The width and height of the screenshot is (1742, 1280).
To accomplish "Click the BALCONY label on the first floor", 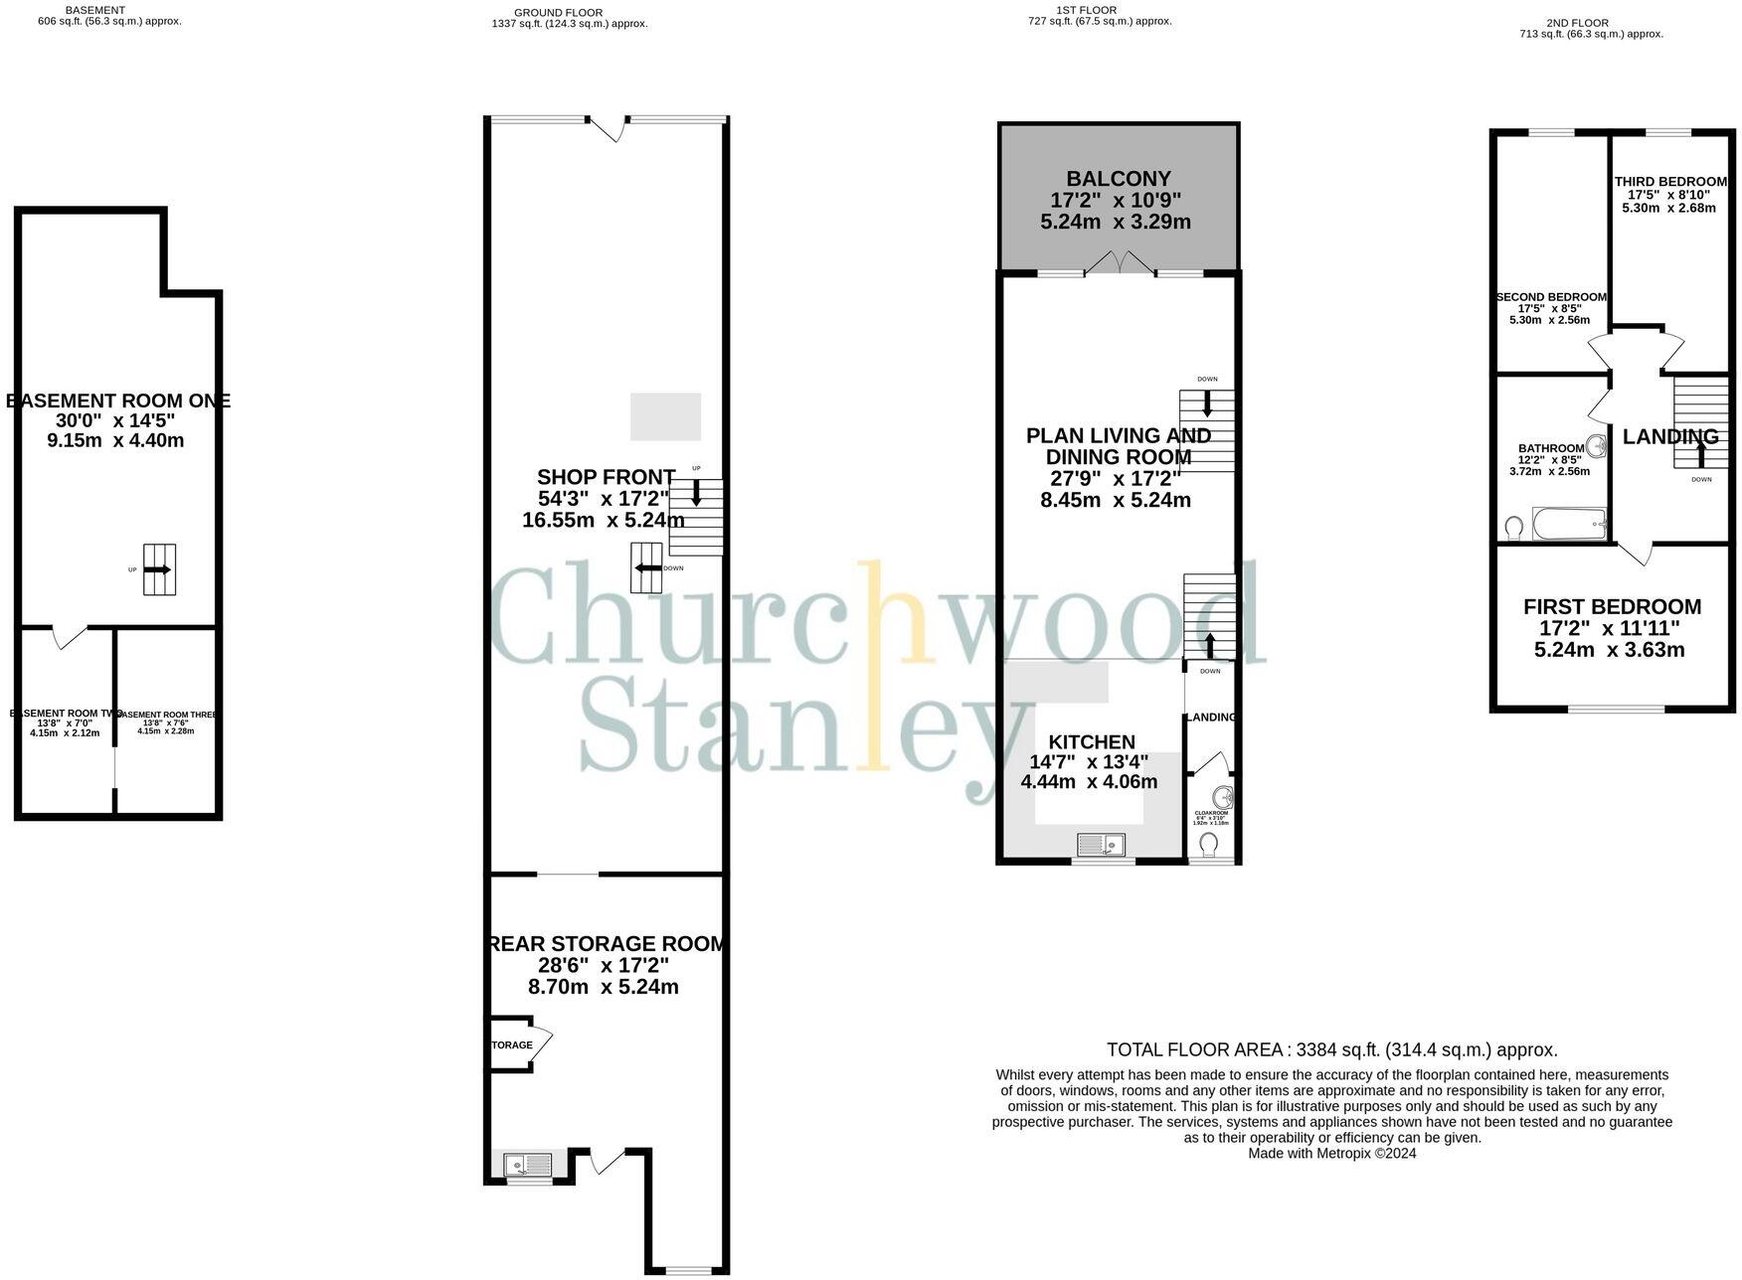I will coord(1118,179).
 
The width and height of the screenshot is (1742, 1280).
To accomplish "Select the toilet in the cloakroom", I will coord(1209,845).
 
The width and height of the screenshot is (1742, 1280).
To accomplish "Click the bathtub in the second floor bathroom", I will coord(1569,524).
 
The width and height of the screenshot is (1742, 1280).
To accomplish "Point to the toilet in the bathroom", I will coord(1514,526).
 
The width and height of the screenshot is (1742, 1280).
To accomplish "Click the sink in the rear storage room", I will coord(527,1164).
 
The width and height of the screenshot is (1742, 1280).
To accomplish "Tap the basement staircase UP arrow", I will coord(158,569).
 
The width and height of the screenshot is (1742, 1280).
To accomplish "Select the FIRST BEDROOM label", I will coord(1611,606).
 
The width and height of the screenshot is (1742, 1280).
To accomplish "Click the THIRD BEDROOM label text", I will coord(1669,181).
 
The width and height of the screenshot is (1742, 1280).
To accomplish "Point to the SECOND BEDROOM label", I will coord(1550,297).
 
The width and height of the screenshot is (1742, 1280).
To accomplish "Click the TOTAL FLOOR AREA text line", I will coord(1331,1049).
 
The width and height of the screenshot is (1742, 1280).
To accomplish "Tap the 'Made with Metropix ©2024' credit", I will coord(1331,1154).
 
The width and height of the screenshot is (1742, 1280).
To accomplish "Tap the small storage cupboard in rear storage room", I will coord(510,1044).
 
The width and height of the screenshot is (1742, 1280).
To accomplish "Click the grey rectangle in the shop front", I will coord(665,416).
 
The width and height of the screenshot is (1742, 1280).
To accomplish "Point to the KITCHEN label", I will coord(1092,741).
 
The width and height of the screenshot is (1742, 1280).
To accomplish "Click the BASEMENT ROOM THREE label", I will coord(167,715).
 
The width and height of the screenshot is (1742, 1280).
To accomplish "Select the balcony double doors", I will coord(1120,262).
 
